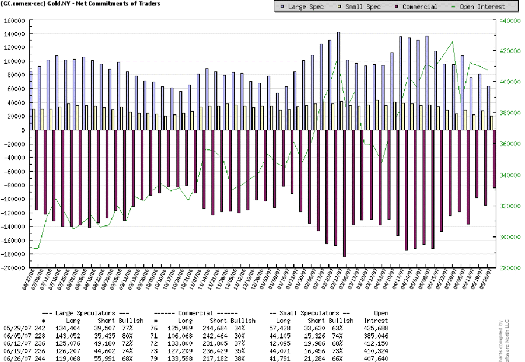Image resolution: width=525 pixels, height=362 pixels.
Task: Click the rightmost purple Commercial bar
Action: [495, 159]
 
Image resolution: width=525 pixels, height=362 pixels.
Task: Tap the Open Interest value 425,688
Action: [376, 329]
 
